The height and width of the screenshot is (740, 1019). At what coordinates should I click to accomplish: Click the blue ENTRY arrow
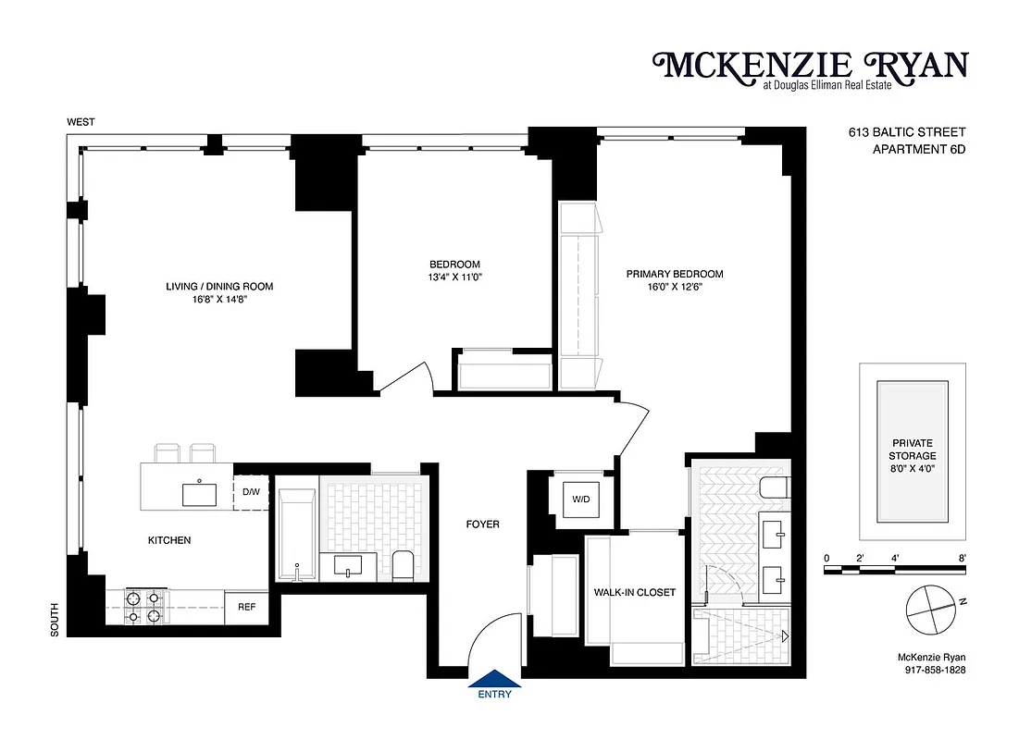(x=494, y=680)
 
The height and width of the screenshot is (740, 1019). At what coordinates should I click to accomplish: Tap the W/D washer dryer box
(x=580, y=499)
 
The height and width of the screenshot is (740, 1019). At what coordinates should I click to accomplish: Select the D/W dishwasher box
(x=251, y=492)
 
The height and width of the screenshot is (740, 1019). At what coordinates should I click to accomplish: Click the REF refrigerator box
(x=246, y=608)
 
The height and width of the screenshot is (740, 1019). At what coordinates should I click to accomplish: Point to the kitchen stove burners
(x=143, y=607)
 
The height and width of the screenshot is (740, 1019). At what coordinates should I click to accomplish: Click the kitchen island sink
(x=200, y=494)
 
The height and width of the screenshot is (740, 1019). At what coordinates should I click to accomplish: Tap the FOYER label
(x=482, y=524)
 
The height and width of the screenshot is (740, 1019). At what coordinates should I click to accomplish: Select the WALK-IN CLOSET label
(x=635, y=592)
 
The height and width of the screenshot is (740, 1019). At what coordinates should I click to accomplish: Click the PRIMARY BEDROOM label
(x=674, y=274)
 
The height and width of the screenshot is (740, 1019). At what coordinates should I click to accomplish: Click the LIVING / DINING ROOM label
(x=219, y=287)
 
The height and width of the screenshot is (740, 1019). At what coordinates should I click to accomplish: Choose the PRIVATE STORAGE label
(x=913, y=449)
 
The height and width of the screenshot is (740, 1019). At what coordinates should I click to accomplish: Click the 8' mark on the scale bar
(x=963, y=558)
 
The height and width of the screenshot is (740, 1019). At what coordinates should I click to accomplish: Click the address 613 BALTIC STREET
(x=907, y=132)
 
